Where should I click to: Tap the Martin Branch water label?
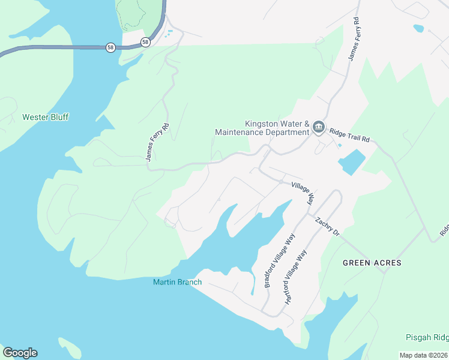(x=177, y=282)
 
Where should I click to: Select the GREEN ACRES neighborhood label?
(x=372, y=263)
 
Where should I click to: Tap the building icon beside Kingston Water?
(x=318, y=127)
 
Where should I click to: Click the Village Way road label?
(x=303, y=193)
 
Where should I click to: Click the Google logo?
(x=20, y=353)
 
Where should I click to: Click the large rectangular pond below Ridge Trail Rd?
(x=352, y=162)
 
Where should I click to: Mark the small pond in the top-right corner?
(x=418, y=28)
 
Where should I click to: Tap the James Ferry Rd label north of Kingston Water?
(x=354, y=39)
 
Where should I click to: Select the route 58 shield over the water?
(x=110, y=47)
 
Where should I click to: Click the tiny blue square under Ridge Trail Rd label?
(x=340, y=145)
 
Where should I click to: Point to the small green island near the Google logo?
(x=70, y=348)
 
